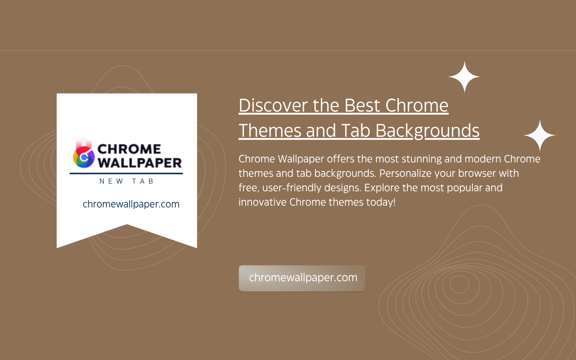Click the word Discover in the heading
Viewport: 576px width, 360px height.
tap(273, 105)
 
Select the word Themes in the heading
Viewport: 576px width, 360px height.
tap(270, 130)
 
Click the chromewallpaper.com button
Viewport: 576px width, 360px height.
tap(302, 278)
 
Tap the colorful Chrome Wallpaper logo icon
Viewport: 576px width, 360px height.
tap(84, 153)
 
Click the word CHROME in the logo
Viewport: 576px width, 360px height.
tap(129, 149)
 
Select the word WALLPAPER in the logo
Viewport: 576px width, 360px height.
tap(139, 163)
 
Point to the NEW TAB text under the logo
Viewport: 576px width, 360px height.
tap(126, 181)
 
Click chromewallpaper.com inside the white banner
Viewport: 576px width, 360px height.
tap(131, 204)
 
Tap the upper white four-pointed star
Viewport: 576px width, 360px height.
tap(464, 76)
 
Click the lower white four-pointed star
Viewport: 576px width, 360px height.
tap(540, 135)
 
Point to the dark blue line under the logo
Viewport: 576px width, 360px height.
tap(126, 174)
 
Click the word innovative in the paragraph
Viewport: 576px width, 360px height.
tap(262, 202)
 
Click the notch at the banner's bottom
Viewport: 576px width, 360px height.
tap(127, 225)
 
